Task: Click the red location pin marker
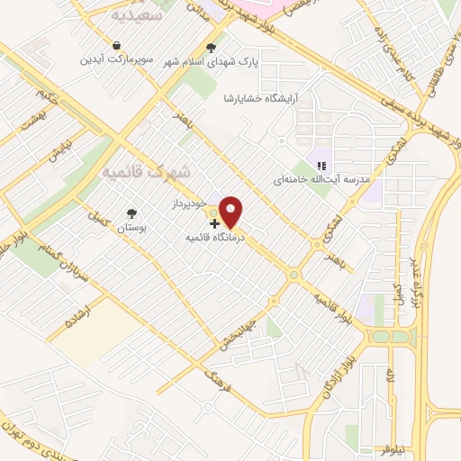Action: (x=231, y=212)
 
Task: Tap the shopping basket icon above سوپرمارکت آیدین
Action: (x=117, y=46)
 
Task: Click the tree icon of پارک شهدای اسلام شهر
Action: (x=212, y=48)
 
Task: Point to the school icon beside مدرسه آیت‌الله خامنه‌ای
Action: (x=320, y=165)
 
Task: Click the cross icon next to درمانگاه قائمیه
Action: (x=213, y=222)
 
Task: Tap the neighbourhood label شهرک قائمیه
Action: (x=146, y=170)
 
